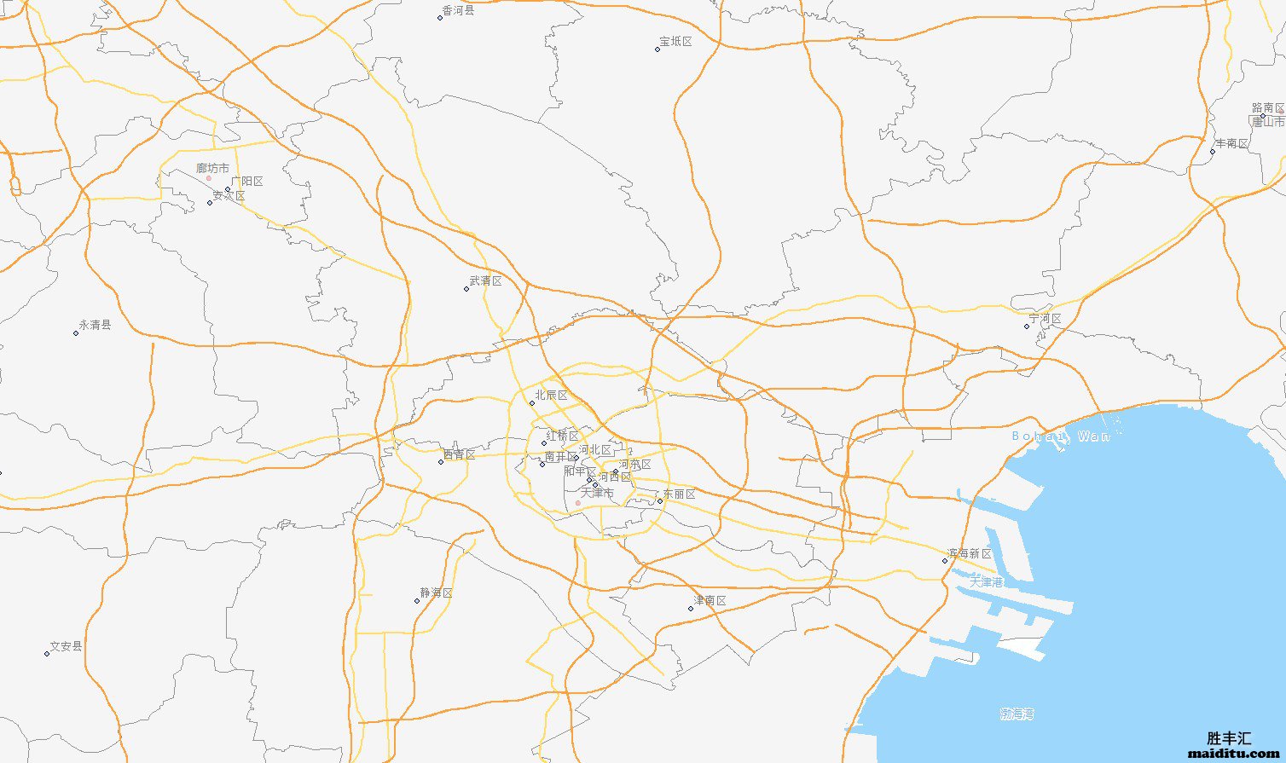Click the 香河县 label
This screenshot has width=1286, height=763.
(x=458, y=11)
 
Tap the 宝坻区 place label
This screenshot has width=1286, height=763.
(x=675, y=42)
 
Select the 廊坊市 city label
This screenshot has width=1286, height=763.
(x=212, y=169)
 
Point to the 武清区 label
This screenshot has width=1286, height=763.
(x=485, y=281)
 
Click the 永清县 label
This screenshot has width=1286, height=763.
(x=95, y=325)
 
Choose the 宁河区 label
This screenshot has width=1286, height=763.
(x=1045, y=320)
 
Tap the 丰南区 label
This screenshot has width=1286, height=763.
(x=1231, y=144)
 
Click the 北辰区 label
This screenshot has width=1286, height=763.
(x=551, y=396)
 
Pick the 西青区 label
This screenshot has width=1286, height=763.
(x=459, y=455)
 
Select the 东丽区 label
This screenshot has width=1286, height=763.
(x=679, y=494)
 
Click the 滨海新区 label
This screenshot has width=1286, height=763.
(x=969, y=555)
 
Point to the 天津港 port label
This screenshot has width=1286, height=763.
(x=986, y=582)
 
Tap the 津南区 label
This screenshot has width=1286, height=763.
(x=710, y=601)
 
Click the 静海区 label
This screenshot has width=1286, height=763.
(x=436, y=593)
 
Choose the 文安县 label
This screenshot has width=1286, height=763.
(x=66, y=647)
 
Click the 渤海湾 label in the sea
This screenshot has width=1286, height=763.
(x=1017, y=714)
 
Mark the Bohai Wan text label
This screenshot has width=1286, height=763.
(x=1061, y=436)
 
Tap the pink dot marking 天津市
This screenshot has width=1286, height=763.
(x=578, y=503)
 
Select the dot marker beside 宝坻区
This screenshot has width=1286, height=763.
(x=657, y=49)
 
